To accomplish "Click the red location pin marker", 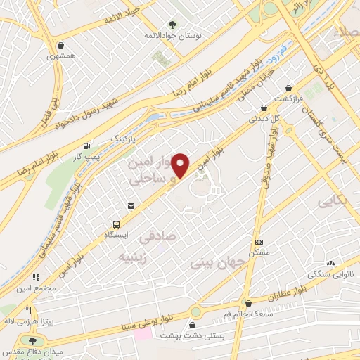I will click(181, 165).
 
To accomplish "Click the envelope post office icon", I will click(131, 205).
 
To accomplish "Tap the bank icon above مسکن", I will click(259, 241).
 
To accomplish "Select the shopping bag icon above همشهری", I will click(63, 45).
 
